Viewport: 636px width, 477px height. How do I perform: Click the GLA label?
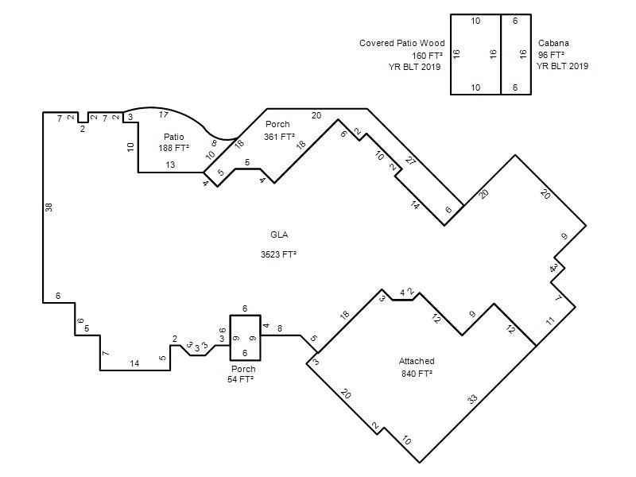(x=279, y=235)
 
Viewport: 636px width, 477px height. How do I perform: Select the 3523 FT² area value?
(x=278, y=254)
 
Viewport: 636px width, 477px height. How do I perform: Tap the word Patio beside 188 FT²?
(x=173, y=137)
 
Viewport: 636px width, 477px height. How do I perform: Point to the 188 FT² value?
(x=173, y=148)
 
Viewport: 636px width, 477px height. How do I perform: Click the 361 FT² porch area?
(x=279, y=137)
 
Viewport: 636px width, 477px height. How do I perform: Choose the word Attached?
(x=417, y=361)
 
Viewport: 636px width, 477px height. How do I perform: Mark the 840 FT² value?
(x=417, y=373)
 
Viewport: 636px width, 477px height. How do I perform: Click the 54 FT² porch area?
(x=241, y=379)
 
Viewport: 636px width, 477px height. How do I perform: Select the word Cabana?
(x=553, y=43)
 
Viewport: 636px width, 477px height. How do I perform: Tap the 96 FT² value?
(x=551, y=54)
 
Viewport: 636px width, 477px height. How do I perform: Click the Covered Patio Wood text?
(x=402, y=43)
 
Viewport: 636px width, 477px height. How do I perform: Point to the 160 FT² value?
(x=427, y=55)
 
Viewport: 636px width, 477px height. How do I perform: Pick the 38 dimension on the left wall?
(x=48, y=207)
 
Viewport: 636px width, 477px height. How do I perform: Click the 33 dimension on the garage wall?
(x=472, y=400)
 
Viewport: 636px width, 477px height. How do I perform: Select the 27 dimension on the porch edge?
(x=410, y=161)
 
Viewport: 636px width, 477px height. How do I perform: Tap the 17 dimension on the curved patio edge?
(x=163, y=114)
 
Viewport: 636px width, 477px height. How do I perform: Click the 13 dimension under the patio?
(x=170, y=165)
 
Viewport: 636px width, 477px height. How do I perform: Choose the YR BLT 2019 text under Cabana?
(x=563, y=66)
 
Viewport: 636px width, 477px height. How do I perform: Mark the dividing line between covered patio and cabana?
(x=501, y=55)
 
